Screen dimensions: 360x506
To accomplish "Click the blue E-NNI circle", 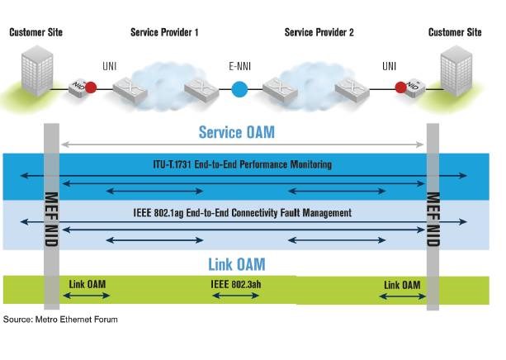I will (x=239, y=88).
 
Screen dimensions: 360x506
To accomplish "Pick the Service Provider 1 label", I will (x=164, y=32).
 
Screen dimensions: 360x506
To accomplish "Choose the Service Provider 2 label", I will (x=319, y=32).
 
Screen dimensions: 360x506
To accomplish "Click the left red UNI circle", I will (x=91, y=87).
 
